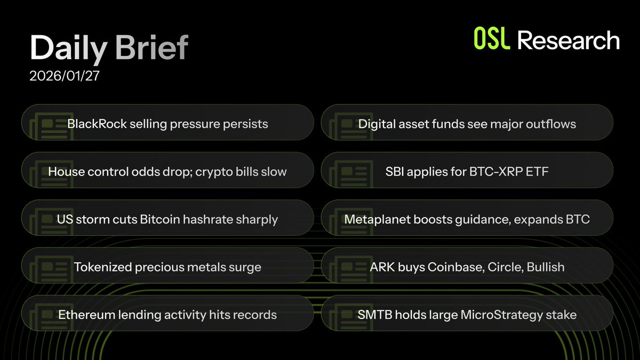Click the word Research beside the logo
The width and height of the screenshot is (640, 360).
pos(569,41)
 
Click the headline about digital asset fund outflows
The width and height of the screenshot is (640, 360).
pos(467,124)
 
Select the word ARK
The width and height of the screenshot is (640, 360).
pos(382,267)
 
